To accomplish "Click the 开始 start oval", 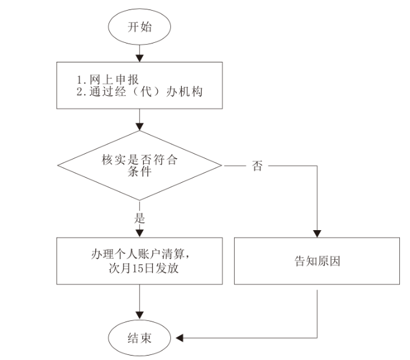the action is pos(139,26).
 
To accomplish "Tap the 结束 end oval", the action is pos(139,338).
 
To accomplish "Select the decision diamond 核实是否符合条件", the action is pos(139,165).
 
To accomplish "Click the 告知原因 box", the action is pos(317,261).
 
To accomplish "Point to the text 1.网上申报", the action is pos(107,79).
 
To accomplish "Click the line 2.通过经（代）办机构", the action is pos(139,91).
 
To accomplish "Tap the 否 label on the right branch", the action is pos(257,166).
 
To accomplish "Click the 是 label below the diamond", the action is pos(139,218).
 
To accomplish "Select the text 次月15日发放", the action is pos(144,268).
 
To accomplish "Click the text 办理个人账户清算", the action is pos(138,254).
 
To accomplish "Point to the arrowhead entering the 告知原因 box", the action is pos(317,234).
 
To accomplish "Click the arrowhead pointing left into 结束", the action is pos(179,338).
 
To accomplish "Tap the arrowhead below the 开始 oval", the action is pos(139,58).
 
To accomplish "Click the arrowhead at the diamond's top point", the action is pos(139,127).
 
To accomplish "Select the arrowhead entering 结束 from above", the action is pos(139,316).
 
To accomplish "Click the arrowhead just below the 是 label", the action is pos(139,233).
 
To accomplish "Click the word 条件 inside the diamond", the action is pos(139,171).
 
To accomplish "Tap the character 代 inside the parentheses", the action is pos(146,91).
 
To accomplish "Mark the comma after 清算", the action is pos(187,257).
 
